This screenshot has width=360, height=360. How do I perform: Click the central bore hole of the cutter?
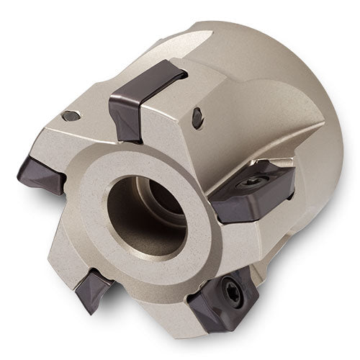coord(148,216)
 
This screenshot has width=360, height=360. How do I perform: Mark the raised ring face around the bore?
coord(108,238)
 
